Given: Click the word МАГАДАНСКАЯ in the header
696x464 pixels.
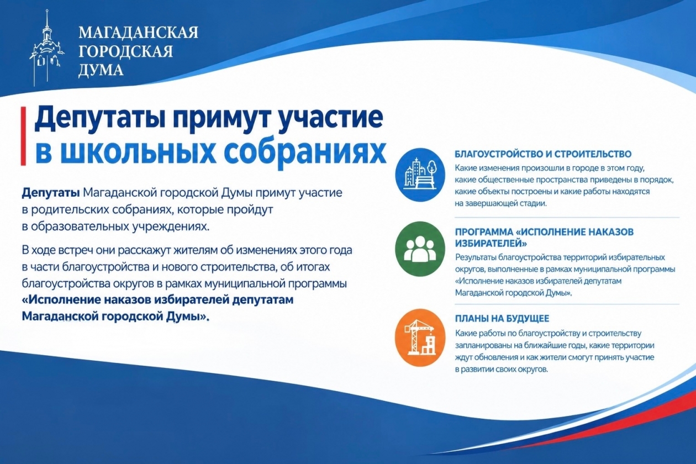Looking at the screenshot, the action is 138,33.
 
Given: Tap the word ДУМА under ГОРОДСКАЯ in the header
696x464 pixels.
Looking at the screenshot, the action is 101,70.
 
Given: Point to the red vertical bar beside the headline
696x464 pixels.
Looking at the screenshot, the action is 23,136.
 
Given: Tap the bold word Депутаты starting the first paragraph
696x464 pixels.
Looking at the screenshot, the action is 51,193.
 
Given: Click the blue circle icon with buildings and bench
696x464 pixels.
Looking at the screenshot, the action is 420,175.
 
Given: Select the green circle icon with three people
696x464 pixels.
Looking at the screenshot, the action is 420,249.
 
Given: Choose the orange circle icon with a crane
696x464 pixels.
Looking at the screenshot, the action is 420,338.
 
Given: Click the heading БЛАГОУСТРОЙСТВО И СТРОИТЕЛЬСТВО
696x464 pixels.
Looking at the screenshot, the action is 543,154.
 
